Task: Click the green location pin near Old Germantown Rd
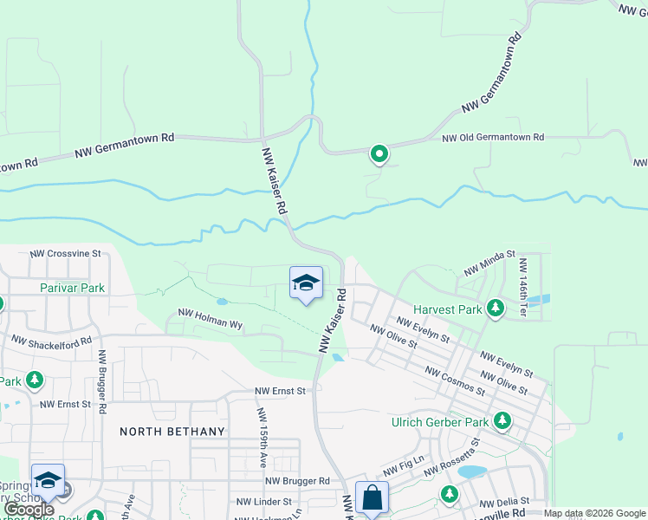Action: point(379,154)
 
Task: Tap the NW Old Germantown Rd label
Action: point(492,138)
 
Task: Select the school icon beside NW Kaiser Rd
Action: point(306,283)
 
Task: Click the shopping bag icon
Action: point(372,498)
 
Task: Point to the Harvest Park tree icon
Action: point(495,308)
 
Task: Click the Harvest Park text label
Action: point(447,309)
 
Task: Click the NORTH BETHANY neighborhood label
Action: point(172,432)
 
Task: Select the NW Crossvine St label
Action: point(66,254)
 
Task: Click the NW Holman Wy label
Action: point(211,318)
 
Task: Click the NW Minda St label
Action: point(489,264)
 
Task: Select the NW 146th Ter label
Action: point(523,279)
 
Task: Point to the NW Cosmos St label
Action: point(454,380)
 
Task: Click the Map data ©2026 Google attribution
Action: point(594,513)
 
